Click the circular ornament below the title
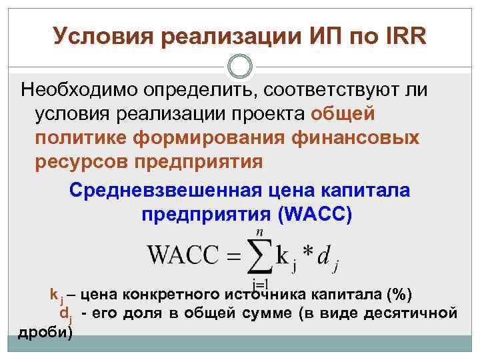coord(240,66)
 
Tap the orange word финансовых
coord(357,138)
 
